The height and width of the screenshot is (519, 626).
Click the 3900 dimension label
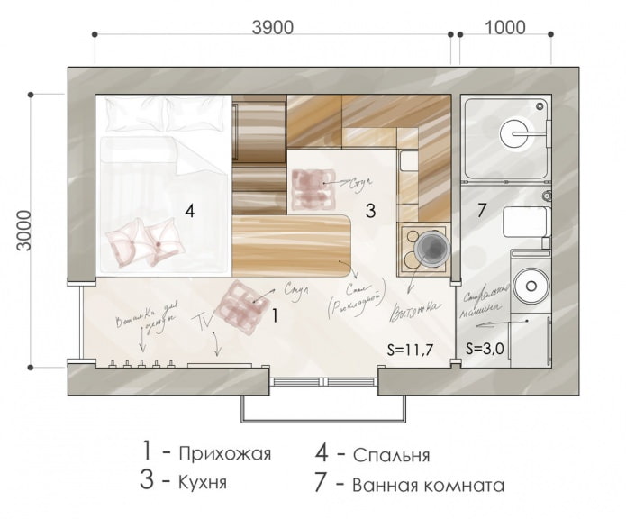pyautogui.click(x=272, y=27)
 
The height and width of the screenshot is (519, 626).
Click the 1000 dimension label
pyautogui.click(x=504, y=27)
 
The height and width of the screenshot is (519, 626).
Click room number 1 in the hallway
pyautogui.click(x=276, y=315)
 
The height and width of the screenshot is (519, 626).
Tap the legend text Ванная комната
pyautogui.click(x=428, y=485)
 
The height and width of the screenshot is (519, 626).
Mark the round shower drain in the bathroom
pyautogui.click(x=516, y=133)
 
